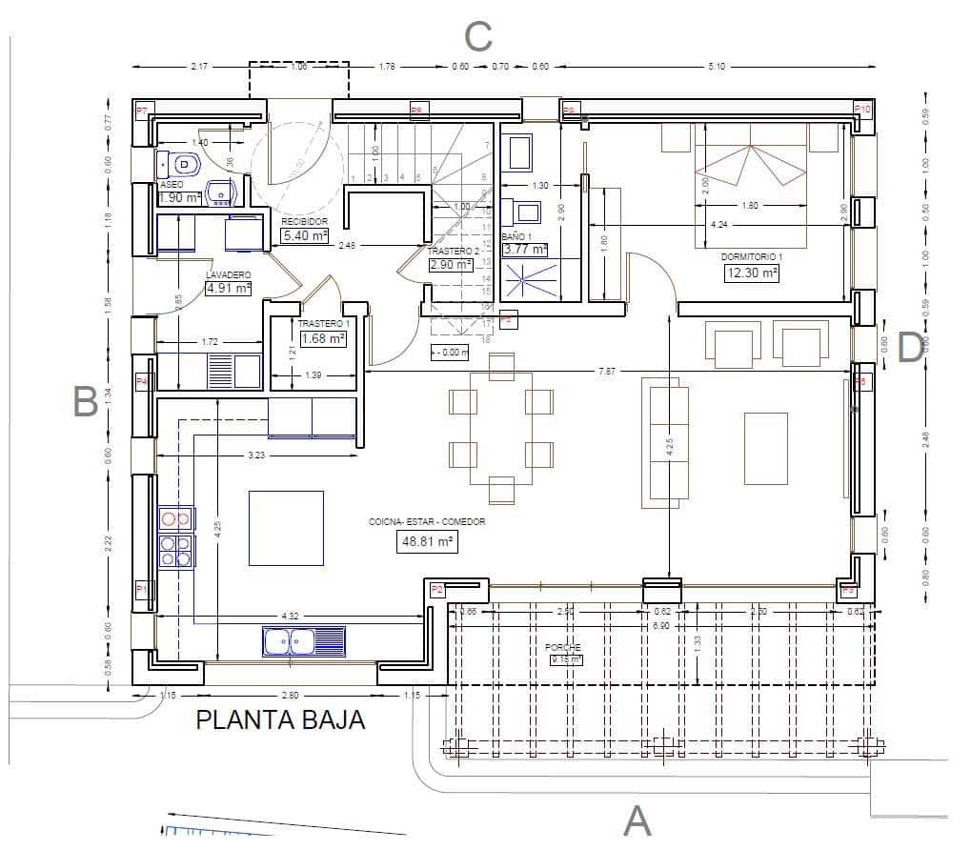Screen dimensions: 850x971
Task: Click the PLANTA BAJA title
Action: (280, 719)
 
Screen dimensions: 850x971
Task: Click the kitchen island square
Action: (286, 528)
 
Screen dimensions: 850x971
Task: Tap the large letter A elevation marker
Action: (637, 820)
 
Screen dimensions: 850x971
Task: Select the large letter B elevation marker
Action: (86, 403)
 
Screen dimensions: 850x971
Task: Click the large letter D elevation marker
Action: (910, 348)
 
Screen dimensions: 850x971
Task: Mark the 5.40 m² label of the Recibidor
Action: (304, 235)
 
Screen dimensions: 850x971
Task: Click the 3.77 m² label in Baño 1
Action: (525, 250)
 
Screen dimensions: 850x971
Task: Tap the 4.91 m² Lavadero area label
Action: (229, 288)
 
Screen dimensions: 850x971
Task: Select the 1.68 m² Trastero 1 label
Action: (323, 337)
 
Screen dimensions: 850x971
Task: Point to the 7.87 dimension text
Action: (607, 371)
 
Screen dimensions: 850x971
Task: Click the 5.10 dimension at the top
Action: (717, 67)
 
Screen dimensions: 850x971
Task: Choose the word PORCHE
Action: (563, 647)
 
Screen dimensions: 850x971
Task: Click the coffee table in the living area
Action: (765, 449)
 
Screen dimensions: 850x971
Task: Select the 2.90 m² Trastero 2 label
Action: (451, 265)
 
